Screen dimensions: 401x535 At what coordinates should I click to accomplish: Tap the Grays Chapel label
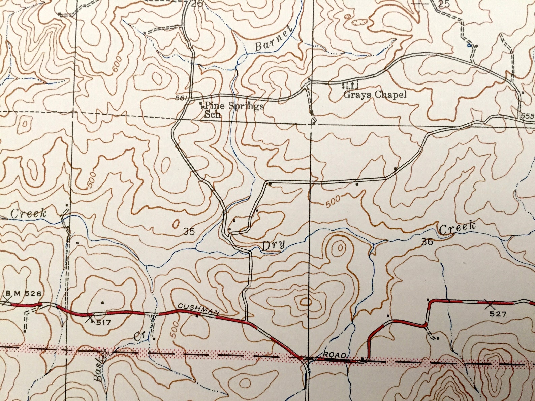375,95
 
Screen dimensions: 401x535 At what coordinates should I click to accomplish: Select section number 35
189,231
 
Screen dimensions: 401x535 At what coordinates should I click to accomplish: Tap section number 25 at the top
444,4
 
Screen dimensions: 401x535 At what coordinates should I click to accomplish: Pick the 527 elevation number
498,314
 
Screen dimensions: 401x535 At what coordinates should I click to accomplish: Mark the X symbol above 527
489,305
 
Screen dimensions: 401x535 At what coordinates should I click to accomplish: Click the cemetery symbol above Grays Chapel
350,84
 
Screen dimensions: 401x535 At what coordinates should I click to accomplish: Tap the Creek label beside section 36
458,228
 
